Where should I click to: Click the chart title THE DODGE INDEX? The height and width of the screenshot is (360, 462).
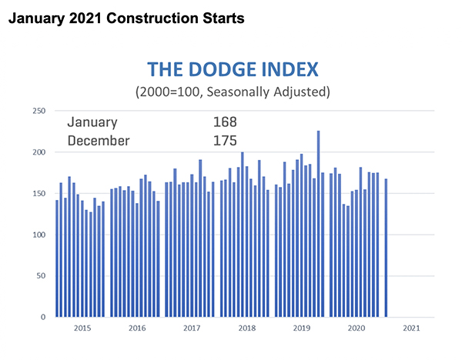click(x=233, y=71)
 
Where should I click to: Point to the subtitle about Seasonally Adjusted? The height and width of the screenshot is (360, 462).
click(x=233, y=92)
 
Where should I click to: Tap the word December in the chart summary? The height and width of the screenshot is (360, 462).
click(x=99, y=141)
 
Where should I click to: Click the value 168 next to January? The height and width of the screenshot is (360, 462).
click(x=225, y=122)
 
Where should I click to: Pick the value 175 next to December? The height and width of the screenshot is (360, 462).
click(x=225, y=141)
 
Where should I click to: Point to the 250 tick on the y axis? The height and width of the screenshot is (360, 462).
click(x=37, y=111)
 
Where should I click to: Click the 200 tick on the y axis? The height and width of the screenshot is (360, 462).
click(x=37, y=152)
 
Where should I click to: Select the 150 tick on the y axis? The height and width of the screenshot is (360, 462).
click(x=37, y=193)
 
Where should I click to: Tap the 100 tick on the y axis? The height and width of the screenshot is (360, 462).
click(x=37, y=235)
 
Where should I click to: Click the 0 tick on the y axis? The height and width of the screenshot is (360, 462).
click(x=42, y=317)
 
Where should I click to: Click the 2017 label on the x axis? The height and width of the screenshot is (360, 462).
click(x=191, y=328)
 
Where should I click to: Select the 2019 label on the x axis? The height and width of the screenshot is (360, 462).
click(x=301, y=328)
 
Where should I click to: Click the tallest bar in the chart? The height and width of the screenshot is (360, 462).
click(x=318, y=224)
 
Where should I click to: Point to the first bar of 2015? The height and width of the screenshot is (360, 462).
click(x=57, y=258)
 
